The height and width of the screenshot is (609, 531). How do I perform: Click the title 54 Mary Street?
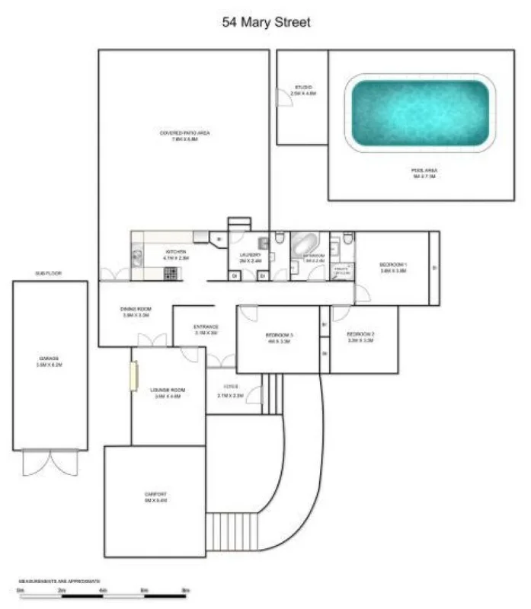(x=266, y=23)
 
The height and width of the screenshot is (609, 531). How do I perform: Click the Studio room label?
(x=304, y=90)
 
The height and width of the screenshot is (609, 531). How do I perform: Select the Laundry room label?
(x=251, y=257)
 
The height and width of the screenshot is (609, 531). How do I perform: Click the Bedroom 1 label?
(x=393, y=267)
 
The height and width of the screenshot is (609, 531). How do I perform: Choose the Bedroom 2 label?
(x=360, y=337)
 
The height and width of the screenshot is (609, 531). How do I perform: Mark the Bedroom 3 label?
(x=280, y=338)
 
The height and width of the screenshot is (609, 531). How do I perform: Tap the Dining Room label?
(x=136, y=311)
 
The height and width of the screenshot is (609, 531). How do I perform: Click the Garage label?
(x=50, y=361)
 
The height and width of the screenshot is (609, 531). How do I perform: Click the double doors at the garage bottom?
(x=49, y=461)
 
